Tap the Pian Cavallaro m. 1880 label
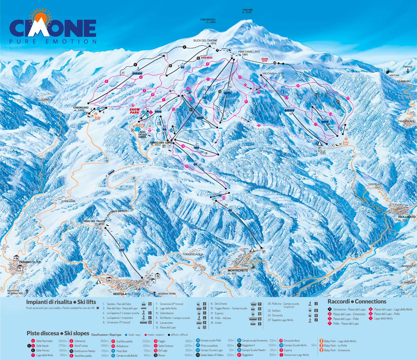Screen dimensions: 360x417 (x=249, y=53)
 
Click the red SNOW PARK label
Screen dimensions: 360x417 (x=134, y=111)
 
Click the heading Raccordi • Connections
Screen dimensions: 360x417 (x=357, y=302)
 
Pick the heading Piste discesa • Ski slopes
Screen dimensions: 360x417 (x=58, y=333)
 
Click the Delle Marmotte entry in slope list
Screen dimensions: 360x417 (x=44, y=341)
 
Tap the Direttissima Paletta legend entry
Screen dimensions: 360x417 (x=84, y=351)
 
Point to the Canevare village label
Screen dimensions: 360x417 (x=68, y=201)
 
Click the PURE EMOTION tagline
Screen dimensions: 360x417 (x=53, y=42)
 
